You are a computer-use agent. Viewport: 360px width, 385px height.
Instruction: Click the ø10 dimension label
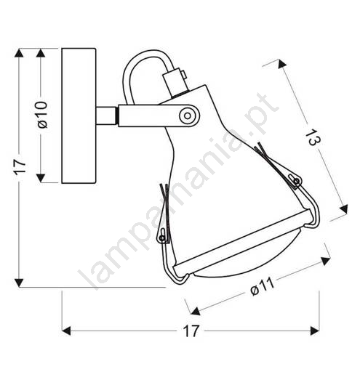[x=42, y=115]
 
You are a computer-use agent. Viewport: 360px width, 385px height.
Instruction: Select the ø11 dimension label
[x=262, y=287]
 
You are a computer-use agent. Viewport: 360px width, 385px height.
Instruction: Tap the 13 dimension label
[x=313, y=137]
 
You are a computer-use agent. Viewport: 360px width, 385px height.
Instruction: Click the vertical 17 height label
[x=20, y=167]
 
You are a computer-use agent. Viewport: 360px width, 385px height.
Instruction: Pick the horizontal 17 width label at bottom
[x=191, y=331]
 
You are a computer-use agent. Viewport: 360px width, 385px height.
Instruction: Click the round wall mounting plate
[x=79, y=115]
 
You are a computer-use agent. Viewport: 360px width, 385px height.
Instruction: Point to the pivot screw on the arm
[x=188, y=115]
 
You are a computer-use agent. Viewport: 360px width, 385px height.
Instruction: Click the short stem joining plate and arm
[x=106, y=115]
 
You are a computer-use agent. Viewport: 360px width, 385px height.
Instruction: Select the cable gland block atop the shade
[x=175, y=82]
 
